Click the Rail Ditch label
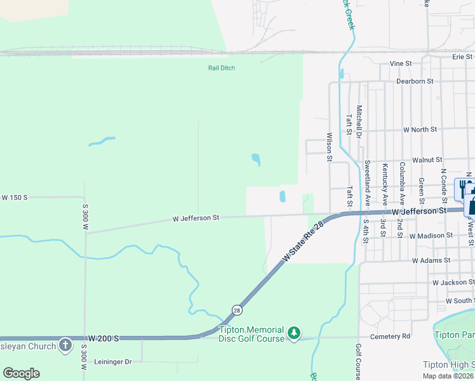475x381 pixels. (x=222, y=68)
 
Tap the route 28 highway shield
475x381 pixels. (x=237, y=310)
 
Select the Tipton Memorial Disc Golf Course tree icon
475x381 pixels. (x=293, y=333)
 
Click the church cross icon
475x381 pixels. (x=65, y=345)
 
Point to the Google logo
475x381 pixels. (x=21, y=373)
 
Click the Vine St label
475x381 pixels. (x=401, y=63)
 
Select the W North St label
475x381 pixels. (x=420, y=130)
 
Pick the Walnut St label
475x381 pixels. (x=427, y=160)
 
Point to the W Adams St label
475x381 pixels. (x=431, y=260)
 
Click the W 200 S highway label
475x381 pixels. (x=104, y=338)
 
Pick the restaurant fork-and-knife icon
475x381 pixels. (x=460, y=185)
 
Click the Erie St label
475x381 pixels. (x=462, y=57)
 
